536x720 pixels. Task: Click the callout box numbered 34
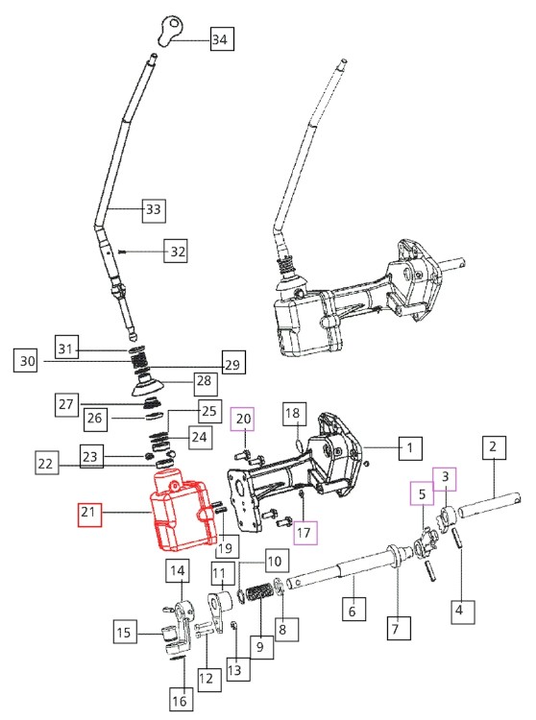click(220, 40)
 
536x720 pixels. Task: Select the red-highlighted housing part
click(181, 510)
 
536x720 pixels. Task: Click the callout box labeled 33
click(152, 208)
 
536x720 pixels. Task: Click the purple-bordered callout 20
click(243, 419)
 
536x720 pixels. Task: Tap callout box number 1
click(409, 447)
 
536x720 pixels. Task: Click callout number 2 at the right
click(493, 447)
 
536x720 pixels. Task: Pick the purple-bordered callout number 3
click(448, 476)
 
